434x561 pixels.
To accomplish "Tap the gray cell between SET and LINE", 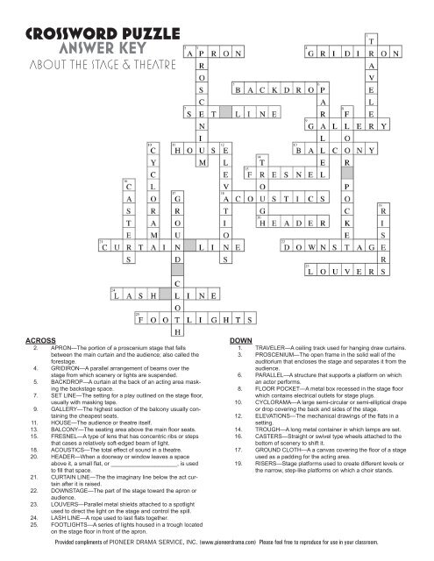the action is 226,113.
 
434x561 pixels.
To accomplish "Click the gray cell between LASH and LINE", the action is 177,299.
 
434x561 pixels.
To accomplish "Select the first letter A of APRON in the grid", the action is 190,53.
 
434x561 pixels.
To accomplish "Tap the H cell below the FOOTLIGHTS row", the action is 177,332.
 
